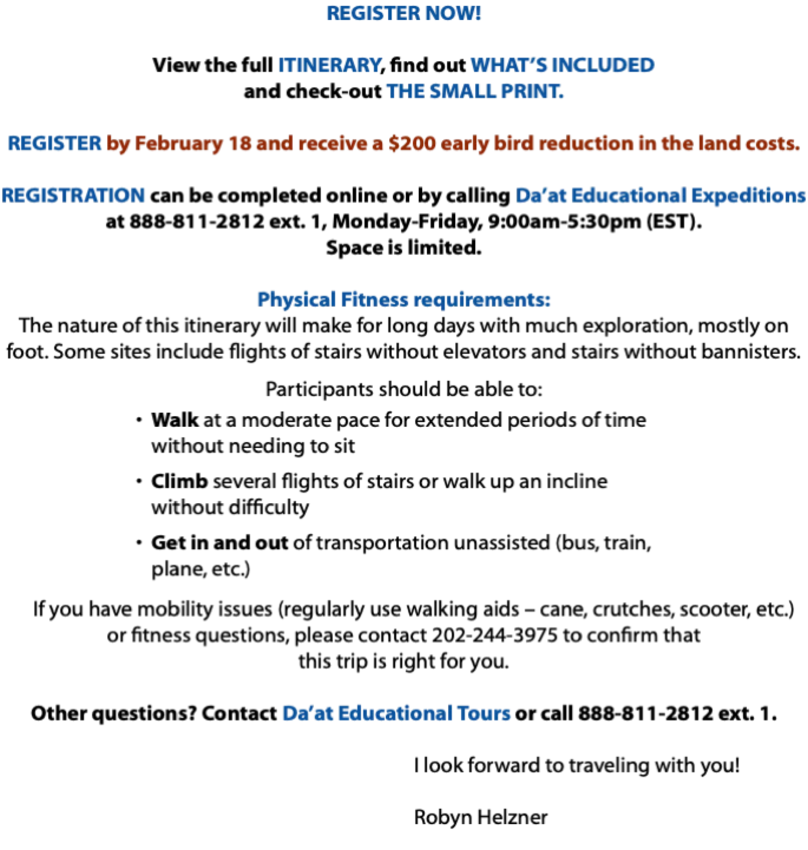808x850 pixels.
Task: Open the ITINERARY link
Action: click(x=330, y=65)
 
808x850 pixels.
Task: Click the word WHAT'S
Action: click(x=509, y=65)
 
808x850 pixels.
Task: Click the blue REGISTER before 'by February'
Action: click(x=55, y=143)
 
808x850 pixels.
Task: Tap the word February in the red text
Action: click(x=179, y=144)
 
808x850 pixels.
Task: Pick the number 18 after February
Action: click(x=240, y=143)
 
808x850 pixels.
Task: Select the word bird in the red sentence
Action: click(x=514, y=143)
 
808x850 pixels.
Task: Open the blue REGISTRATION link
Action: click(x=74, y=195)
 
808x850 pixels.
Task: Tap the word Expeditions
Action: click(x=749, y=196)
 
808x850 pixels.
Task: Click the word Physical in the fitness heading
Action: click(x=296, y=300)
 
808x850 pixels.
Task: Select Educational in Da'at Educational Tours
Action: click(x=395, y=713)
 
